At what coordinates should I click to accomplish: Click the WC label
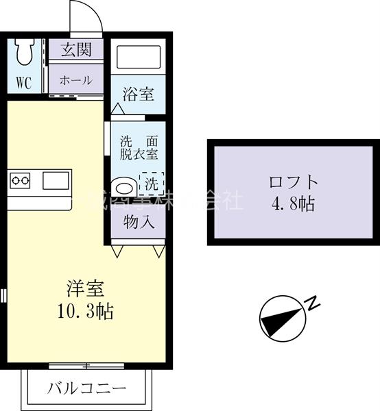23,83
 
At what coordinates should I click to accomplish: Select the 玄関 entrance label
75,50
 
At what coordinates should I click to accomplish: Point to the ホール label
75,79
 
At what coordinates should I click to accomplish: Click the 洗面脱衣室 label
139,148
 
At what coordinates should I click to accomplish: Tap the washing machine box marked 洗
151,183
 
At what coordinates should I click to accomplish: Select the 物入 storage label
138,222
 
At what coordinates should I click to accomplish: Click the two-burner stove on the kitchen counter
21,182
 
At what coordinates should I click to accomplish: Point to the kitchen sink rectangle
54,181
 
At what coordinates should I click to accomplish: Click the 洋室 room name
84,288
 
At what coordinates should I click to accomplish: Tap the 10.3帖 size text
84,311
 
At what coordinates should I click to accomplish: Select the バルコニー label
87,388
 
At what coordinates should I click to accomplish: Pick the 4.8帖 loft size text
293,203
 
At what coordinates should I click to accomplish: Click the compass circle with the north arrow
282,318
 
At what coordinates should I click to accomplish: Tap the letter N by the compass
311,301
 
